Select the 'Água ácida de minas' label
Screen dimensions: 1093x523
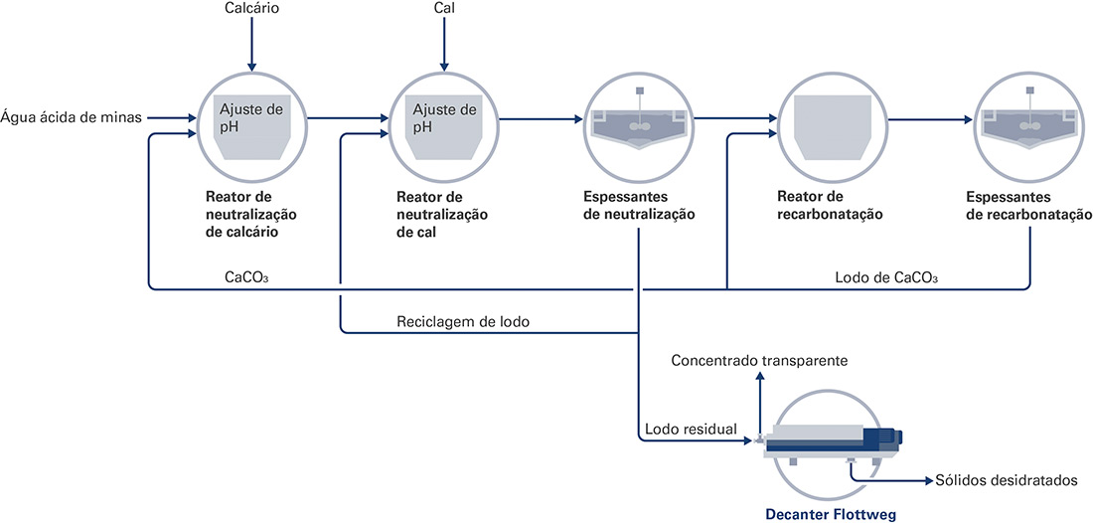tap(72, 118)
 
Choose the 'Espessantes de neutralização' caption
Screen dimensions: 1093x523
tap(640, 206)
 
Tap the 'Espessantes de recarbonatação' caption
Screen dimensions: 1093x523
tap(1028, 206)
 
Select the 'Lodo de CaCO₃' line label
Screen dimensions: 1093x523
tap(886, 277)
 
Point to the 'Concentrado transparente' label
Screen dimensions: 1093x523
tap(759, 361)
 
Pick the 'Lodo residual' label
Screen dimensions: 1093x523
tap(691, 429)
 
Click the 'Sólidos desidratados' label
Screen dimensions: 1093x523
tap(1008, 480)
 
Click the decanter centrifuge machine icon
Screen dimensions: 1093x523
tap(832, 444)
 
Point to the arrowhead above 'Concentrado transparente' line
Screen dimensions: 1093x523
tap(760, 375)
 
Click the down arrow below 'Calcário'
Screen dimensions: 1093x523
tap(251, 45)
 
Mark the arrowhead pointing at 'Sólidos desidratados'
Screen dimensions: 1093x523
tap(929, 480)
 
